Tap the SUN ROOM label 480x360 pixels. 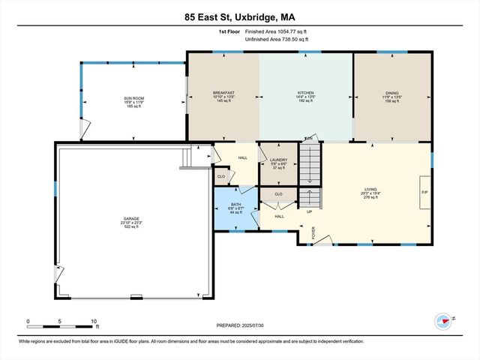133,98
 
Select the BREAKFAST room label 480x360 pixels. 224,93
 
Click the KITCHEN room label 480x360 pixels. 305,93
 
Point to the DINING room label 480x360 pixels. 392,93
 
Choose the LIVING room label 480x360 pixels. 370,190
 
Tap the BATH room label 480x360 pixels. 235,204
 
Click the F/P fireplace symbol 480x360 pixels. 424,191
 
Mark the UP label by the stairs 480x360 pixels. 310,211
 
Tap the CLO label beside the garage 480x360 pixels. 220,177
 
